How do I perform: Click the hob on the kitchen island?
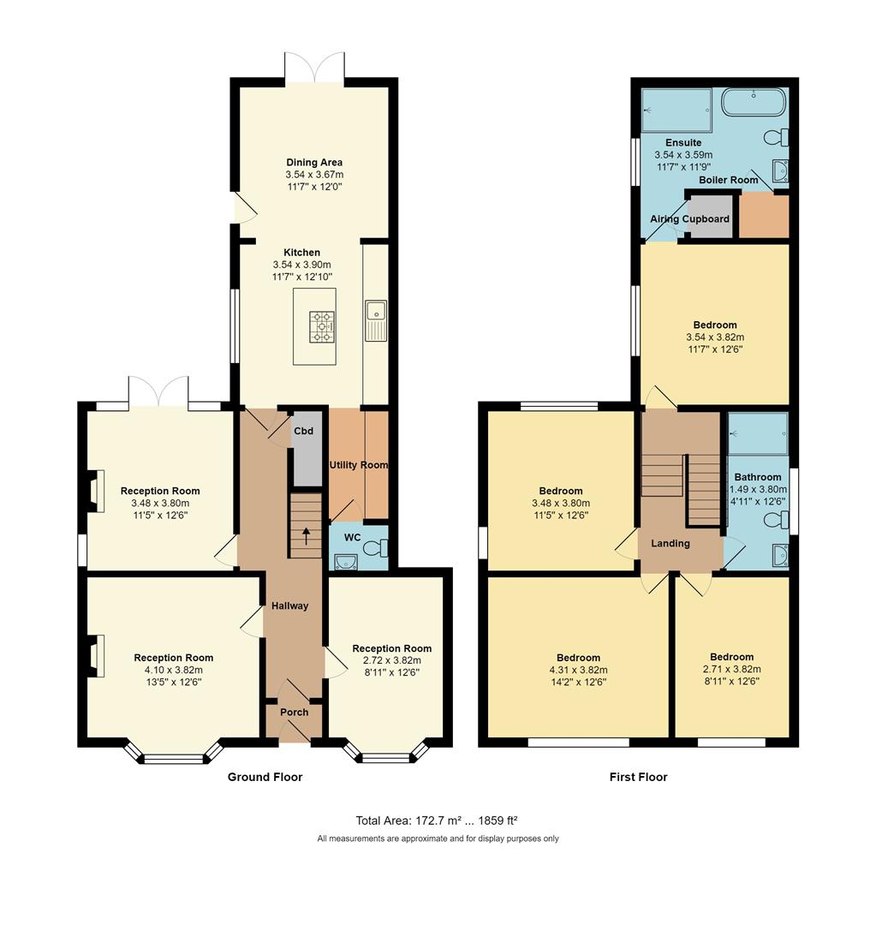coord(323,325)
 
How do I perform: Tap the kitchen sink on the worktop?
coord(375,319)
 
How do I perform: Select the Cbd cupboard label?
coord(303,431)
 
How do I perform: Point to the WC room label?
coord(352,538)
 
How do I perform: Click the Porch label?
coord(295,712)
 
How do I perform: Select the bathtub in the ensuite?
coord(753,102)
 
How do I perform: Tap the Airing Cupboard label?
coord(689,219)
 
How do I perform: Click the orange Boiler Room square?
coord(763,216)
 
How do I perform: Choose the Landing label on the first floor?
coord(670,543)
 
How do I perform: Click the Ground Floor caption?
coord(265,777)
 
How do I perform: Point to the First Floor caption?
coord(638,777)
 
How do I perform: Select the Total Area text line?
coord(437,820)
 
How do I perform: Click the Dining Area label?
coord(314,162)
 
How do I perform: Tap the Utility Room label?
coord(359,465)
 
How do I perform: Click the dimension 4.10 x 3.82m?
coord(173,670)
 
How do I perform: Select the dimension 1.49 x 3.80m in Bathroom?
coord(757,489)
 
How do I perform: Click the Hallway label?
coord(289,606)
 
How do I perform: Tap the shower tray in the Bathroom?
coord(758,433)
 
